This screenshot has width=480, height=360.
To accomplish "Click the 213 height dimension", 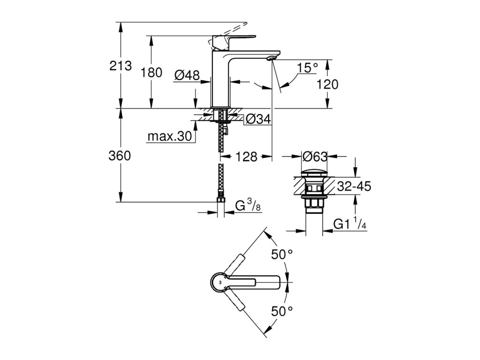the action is [120, 66].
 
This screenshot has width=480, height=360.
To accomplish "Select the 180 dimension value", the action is [151, 73].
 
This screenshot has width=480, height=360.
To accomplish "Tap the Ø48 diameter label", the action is [187, 75].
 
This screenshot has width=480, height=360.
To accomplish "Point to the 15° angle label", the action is [308, 67].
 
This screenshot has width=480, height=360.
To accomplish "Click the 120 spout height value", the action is [327, 84].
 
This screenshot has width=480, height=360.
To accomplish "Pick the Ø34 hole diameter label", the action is [258, 119].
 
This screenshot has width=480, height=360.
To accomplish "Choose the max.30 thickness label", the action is [170, 136].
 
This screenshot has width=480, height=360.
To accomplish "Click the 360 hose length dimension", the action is [120, 156].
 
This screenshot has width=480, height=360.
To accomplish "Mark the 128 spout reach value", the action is [246, 157].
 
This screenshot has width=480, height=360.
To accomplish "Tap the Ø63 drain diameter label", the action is [315, 157].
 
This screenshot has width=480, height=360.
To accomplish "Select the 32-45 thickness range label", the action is [354, 186].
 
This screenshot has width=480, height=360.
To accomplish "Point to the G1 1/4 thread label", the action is [350, 224].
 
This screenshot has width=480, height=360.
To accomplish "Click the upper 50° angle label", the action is [282, 254].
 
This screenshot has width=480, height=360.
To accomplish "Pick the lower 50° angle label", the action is [282, 311].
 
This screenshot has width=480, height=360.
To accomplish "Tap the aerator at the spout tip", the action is [271, 58].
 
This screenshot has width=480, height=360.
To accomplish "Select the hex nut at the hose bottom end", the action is [221, 200].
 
